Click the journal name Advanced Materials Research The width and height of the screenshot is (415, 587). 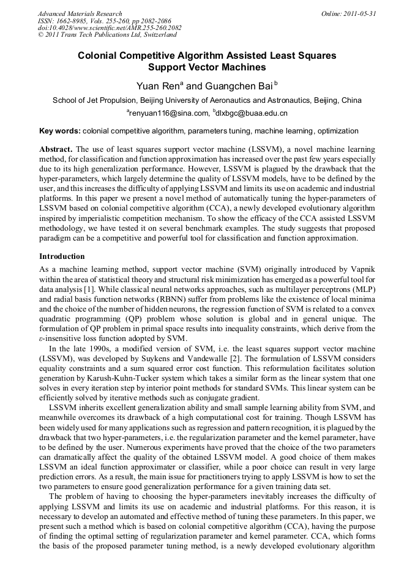click(x=80, y=13)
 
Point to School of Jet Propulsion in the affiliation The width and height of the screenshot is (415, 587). click(x=94, y=100)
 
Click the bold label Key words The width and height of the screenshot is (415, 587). click(x=59, y=131)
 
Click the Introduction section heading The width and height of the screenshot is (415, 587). click(x=62, y=256)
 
